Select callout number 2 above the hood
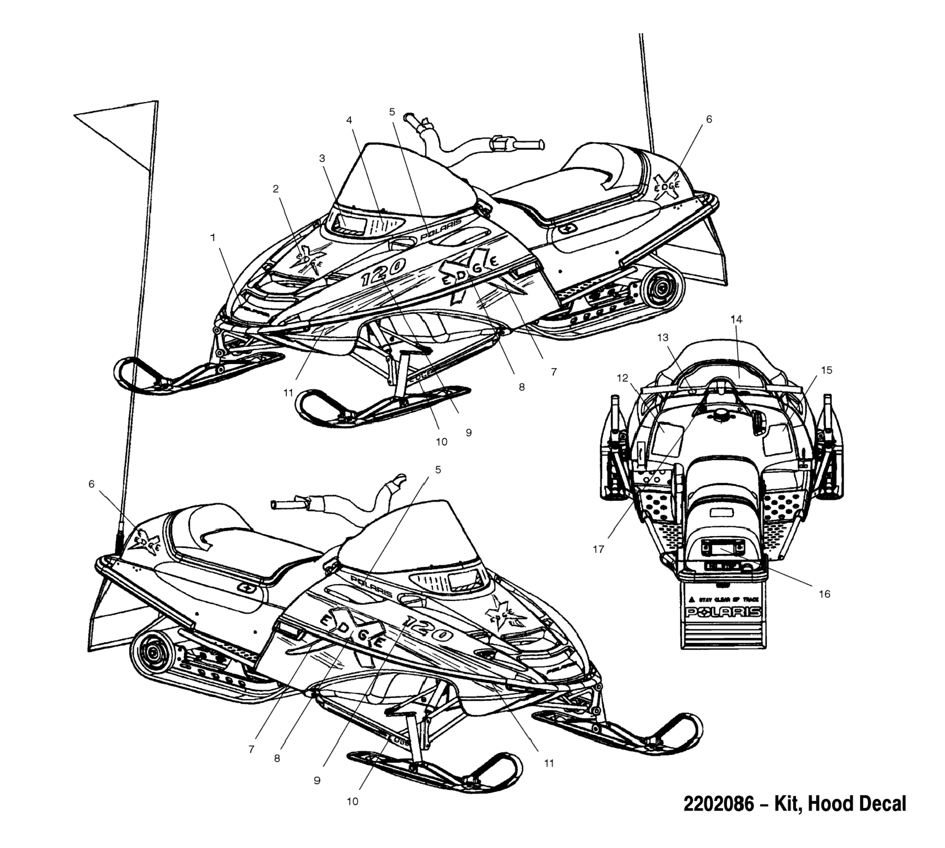tap(276, 189)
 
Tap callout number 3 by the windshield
tap(322, 159)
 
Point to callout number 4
tap(349, 120)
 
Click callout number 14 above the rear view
tap(737, 319)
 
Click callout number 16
tap(825, 594)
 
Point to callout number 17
tap(598, 549)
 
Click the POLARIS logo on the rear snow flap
tap(723, 612)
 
